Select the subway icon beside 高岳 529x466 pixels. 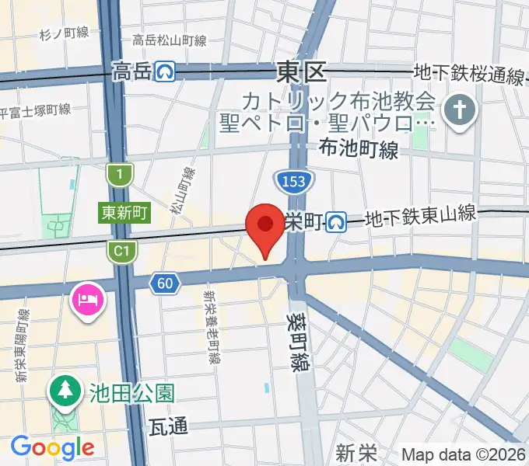[x=164, y=72]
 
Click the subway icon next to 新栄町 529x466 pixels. [x=336, y=222]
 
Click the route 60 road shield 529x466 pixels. [x=163, y=283]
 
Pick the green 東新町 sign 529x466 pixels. [x=124, y=212]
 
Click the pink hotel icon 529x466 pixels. [x=87, y=297]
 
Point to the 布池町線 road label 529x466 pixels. [x=359, y=149]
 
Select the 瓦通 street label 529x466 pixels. [x=168, y=426]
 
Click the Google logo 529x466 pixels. [x=52, y=447]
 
